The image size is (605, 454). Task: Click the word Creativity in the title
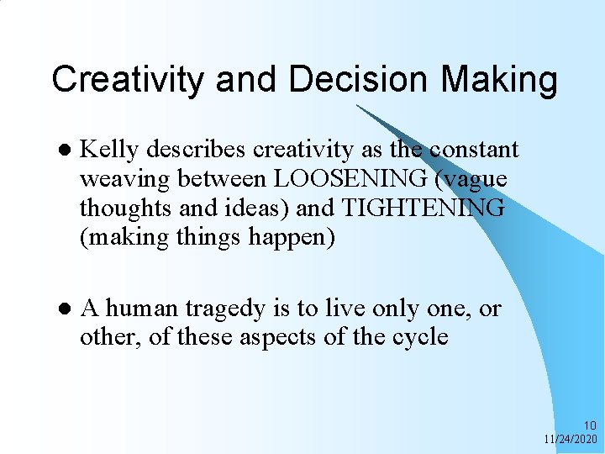126,81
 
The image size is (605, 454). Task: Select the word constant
474,150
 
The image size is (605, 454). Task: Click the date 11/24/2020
571,439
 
